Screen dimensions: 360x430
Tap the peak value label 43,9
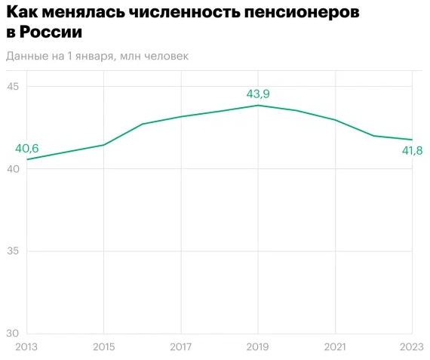tap(258, 94)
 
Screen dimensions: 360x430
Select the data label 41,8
tap(411, 151)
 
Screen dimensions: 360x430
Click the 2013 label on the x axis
tap(26, 346)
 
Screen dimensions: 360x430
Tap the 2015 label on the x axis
tap(103, 346)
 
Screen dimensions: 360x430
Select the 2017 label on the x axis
tap(181, 346)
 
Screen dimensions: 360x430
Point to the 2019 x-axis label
tap(258, 346)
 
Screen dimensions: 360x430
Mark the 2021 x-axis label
tap(335, 346)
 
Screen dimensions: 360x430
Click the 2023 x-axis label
tap(411, 346)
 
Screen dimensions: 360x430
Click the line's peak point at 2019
tap(258, 105)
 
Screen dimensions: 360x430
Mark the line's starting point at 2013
tap(27, 159)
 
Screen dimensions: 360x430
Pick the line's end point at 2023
tap(412, 140)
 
